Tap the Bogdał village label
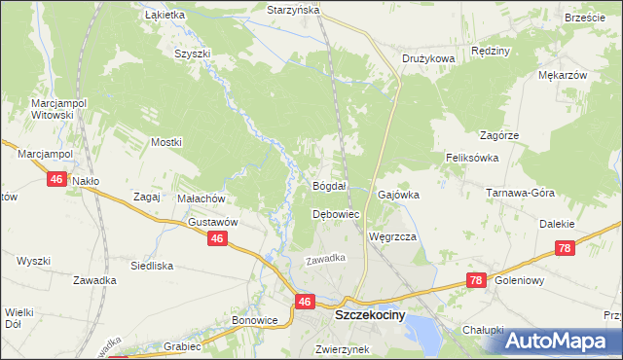click(329, 185)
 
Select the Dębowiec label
click(336, 213)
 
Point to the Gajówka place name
click(398, 195)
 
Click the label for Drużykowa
click(428, 58)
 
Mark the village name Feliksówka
click(472, 157)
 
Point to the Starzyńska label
click(293, 10)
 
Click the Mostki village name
click(166, 142)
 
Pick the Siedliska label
click(152, 265)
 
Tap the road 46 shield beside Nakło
click(57, 179)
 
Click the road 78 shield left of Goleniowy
click(475, 280)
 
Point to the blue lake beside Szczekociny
click(422, 328)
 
